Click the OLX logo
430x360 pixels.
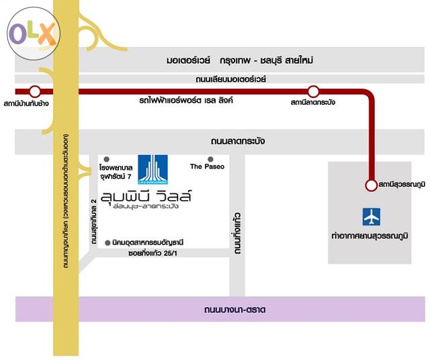pyautogui.click(x=33, y=34)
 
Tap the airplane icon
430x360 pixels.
pyautogui.click(x=371, y=217)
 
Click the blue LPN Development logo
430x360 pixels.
pyautogui.click(x=153, y=169)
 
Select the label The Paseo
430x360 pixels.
pyautogui.click(x=207, y=166)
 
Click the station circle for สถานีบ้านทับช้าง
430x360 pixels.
pyautogui.click(x=35, y=91)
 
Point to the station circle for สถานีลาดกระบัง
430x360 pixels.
pyautogui.click(x=313, y=91)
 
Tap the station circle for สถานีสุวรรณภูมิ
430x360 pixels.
pyautogui.click(x=370, y=185)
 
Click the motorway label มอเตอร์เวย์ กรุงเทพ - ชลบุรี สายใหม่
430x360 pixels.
pyautogui.click(x=240, y=60)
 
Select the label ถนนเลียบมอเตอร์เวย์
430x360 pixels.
pyautogui.click(x=231, y=79)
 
